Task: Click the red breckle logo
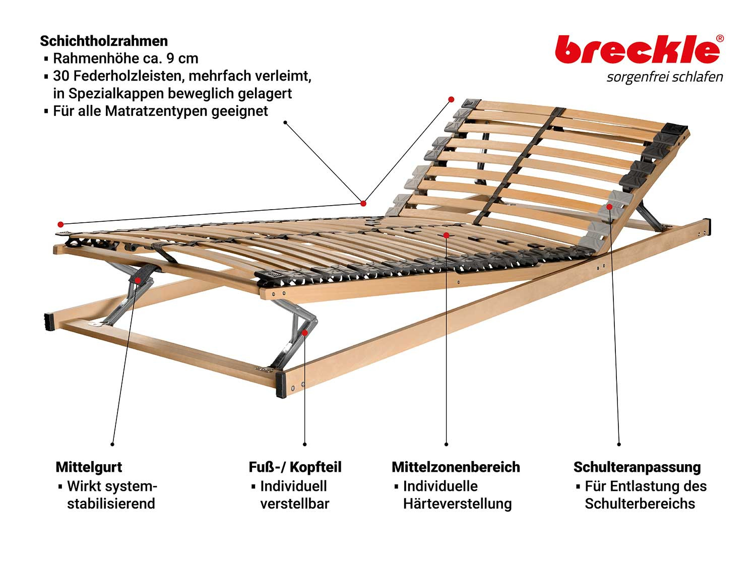click(637, 49)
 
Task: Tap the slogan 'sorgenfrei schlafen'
click(664, 77)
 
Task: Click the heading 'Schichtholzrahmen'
click(104, 41)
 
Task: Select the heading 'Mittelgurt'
click(89, 467)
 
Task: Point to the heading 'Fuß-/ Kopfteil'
click(295, 467)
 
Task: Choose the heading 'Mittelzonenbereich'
click(456, 467)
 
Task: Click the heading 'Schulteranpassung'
click(637, 468)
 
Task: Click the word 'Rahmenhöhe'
click(96, 58)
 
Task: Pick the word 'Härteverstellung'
click(458, 503)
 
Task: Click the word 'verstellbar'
click(295, 503)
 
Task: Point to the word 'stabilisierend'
click(111, 503)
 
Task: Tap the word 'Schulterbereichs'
click(640, 503)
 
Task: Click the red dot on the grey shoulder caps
click(609, 207)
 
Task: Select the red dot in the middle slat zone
click(446, 235)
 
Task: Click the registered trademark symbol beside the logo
click(720, 39)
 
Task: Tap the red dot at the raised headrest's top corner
click(451, 99)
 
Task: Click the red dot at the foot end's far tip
click(60, 224)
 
